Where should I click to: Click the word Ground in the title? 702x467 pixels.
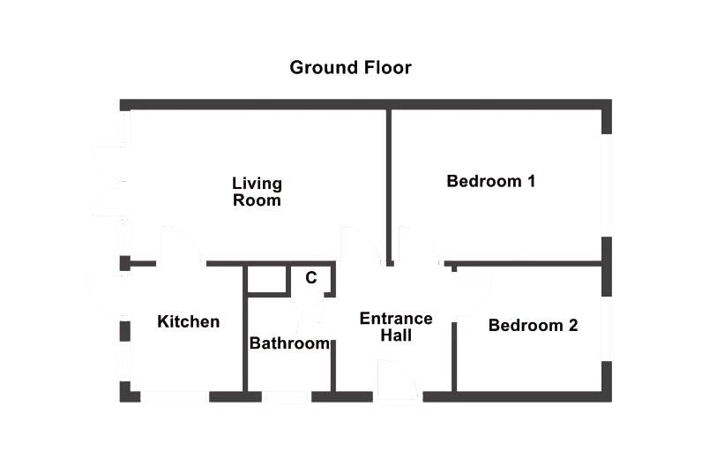click(321, 68)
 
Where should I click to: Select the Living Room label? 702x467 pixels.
click(257, 192)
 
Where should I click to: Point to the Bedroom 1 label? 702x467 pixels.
click(491, 182)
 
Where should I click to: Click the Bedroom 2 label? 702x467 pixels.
click(533, 326)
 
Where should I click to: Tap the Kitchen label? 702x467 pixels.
click(188, 321)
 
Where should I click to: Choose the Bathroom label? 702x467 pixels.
click(289, 343)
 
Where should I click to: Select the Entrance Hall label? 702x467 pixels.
click(395, 327)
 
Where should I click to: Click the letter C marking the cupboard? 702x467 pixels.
click(310, 278)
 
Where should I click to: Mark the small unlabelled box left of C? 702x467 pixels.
click(267, 280)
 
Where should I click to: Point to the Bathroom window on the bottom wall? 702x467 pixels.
click(287, 397)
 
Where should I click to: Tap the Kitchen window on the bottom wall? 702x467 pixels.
click(175, 397)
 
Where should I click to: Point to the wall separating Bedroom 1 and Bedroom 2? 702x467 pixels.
click(529, 263)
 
